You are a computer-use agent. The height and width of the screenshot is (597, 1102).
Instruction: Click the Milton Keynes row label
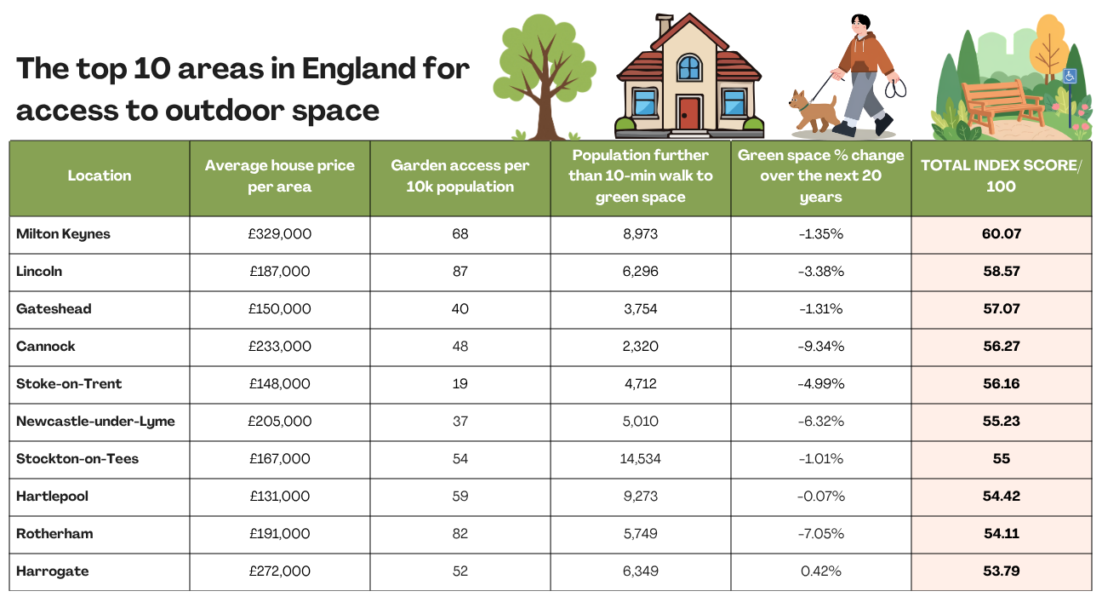(63, 234)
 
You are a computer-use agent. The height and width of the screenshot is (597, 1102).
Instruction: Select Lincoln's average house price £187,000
(279, 271)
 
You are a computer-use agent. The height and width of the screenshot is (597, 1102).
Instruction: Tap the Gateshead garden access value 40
(460, 308)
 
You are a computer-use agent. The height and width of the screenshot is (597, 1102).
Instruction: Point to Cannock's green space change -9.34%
(820, 346)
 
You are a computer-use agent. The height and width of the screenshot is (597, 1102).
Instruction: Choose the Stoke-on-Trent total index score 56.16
(1001, 383)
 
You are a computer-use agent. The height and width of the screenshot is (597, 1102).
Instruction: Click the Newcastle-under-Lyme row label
(95, 422)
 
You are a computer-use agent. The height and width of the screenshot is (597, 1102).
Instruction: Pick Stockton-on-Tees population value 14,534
(640, 459)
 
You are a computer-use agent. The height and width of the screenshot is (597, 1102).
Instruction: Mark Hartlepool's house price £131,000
(279, 497)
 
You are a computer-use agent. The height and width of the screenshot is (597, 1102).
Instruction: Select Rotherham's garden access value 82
(460, 533)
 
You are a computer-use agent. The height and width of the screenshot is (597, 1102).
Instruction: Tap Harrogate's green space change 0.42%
(820, 571)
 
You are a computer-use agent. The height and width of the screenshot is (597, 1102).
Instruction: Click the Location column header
(100, 175)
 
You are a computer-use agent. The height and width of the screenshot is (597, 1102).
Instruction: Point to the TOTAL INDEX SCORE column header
(1001, 175)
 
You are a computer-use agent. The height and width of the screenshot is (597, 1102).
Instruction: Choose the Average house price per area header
(279, 175)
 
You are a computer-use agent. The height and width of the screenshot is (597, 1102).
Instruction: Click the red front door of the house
(688, 113)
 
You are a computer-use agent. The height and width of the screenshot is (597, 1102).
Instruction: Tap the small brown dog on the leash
(813, 111)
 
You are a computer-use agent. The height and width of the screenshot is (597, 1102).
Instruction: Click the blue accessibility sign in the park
(1070, 77)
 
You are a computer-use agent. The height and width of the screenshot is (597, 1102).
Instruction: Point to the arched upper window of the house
(688, 67)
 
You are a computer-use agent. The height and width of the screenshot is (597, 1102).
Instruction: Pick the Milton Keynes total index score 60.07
(1001, 234)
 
